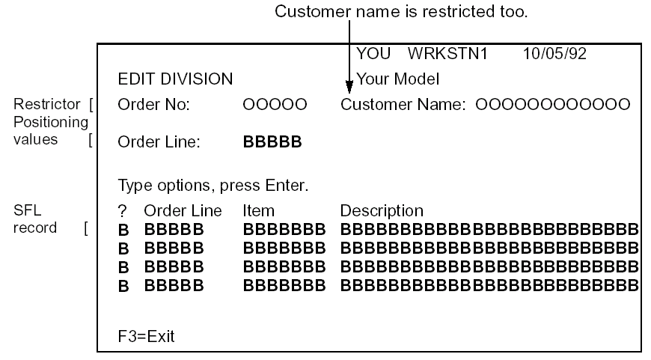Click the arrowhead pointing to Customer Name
(x=349, y=85)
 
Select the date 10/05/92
(x=548, y=55)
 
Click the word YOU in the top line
(x=373, y=55)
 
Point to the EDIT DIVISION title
(x=175, y=79)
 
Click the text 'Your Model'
(x=397, y=79)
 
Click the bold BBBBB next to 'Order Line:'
(x=272, y=144)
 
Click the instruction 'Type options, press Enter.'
(x=213, y=184)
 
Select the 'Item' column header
(x=258, y=212)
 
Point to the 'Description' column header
(x=382, y=212)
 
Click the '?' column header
(x=123, y=212)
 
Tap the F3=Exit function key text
(x=146, y=336)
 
